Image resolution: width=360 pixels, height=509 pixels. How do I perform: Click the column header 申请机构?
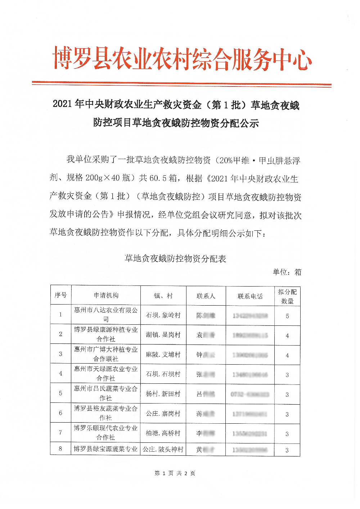point(106,296)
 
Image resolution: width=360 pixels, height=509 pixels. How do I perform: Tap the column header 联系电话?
point(250,296)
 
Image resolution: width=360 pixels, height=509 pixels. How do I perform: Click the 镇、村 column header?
point(163,296)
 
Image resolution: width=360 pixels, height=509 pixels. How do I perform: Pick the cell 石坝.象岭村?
point(163,315)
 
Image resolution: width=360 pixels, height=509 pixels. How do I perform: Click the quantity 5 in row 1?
point(287,316)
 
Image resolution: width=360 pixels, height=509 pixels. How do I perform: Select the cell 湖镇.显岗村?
point(163,335)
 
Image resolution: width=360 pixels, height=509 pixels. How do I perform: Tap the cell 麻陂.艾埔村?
point(163,355)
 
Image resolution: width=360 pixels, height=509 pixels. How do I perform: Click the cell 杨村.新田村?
point(163,394)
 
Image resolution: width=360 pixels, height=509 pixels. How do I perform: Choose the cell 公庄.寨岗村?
point(163,414)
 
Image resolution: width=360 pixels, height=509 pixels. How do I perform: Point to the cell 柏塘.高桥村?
point(163,433)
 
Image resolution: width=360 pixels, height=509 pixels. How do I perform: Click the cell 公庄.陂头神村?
point(163,449)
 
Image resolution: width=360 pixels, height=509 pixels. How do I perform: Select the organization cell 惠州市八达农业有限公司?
point(106,314)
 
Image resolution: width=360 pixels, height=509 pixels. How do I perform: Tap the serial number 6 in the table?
point(60,413)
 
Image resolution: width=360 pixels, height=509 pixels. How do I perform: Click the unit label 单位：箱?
point(287,272)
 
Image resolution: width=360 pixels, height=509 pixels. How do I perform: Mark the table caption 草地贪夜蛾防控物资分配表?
point(175,258)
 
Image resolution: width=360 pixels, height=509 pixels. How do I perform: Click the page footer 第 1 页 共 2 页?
point(175,473)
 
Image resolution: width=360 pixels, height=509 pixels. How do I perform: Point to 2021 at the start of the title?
point(63,104)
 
